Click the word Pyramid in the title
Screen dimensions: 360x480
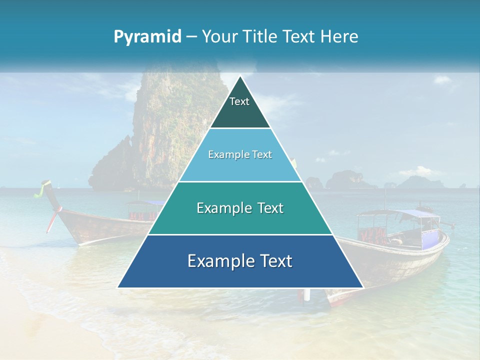click(x=147, y=36)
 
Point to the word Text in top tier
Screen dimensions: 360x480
click(x=239, y=101)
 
